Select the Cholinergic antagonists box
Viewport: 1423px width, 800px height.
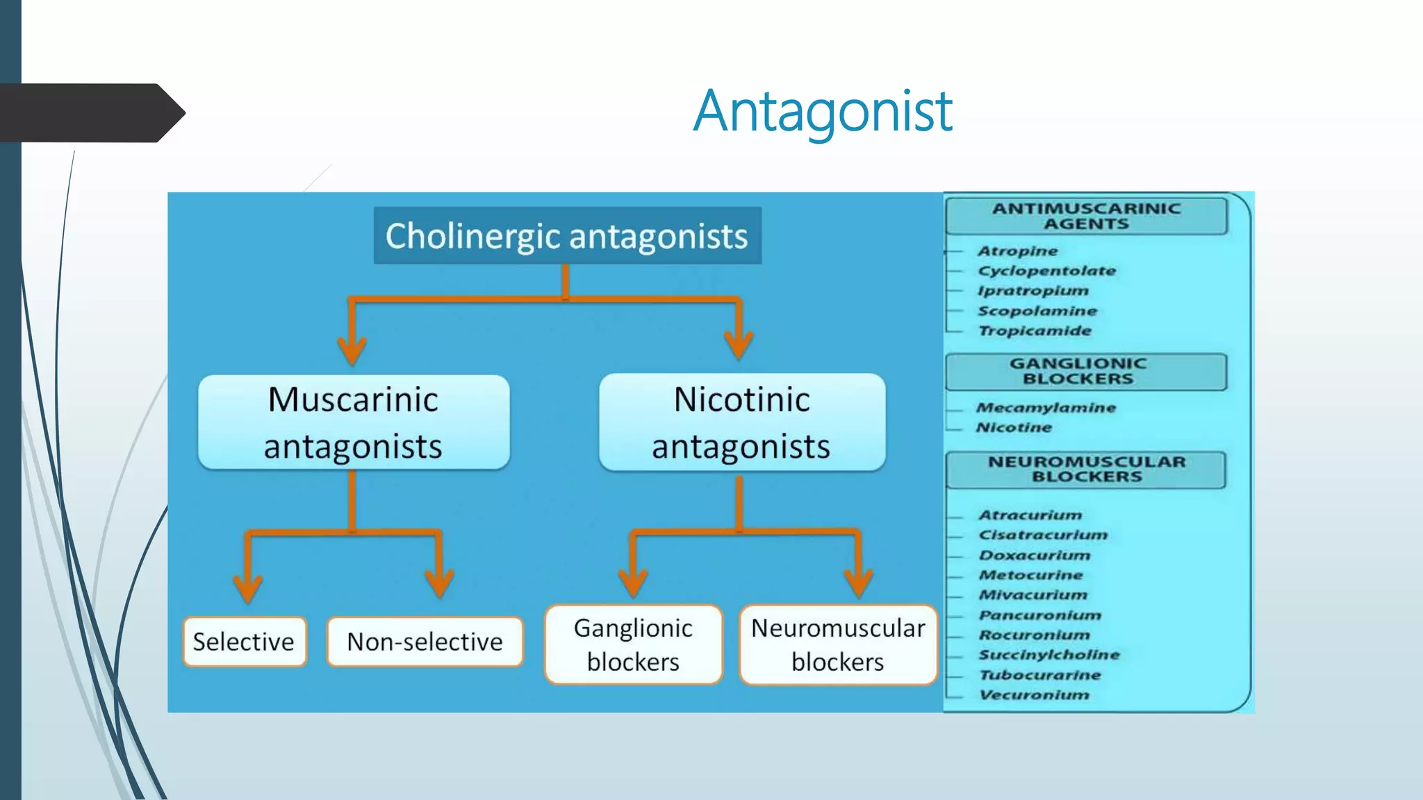tap(567, 235)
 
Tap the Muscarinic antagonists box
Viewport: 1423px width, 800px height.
tap(354, 422)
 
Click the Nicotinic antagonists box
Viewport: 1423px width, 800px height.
tap(741, 422)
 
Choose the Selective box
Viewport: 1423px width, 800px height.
tap(244, 642)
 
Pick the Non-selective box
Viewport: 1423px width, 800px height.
tap(425, 642)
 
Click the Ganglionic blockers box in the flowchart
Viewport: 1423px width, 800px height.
tap(633, 644)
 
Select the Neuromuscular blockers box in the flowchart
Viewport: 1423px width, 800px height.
tap(838, 644)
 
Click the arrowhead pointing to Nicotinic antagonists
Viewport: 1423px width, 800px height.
tap(738, 344)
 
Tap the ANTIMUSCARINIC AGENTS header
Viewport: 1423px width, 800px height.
tap(1086, 216)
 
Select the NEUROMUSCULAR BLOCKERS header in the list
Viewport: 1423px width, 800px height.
tap(1086, 469)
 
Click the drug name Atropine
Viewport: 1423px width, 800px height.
tap(1017, 251)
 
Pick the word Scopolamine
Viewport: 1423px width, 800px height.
tap(1037, 310)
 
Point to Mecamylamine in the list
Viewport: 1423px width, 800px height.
tap(1046, 408)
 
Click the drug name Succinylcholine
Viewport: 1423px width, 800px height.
tap(1048, 654)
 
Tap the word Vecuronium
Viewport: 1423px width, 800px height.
tap(1034, 694)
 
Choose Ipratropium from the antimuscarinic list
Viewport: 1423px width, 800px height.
tap(1033, 290)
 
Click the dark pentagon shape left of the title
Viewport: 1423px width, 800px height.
tap(90, 112)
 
